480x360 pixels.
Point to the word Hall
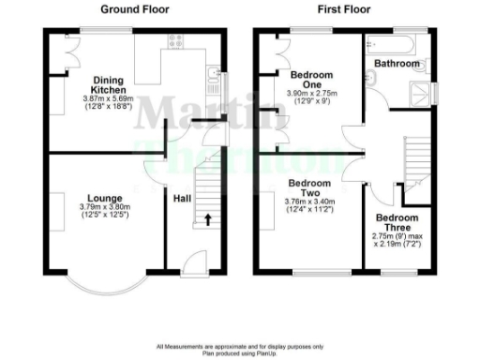183,198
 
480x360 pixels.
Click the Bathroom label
397,64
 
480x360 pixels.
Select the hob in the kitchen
173,40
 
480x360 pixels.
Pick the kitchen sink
214,79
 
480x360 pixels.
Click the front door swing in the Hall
191,263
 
